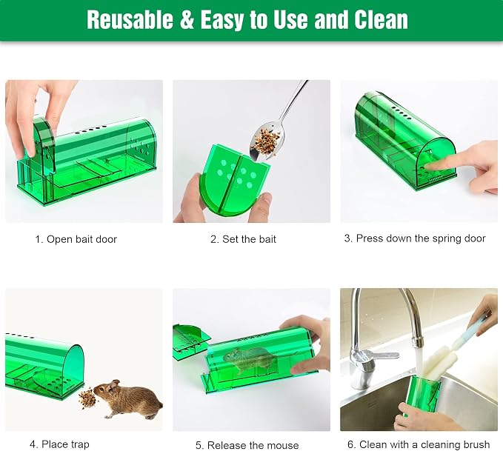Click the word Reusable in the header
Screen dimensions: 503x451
pos(130,20)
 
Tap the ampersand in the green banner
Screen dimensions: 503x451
pos(187,20)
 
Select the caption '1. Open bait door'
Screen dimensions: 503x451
pos(76,239)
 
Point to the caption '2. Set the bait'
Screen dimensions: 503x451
pos(243,239)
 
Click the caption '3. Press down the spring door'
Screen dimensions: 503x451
pos(415,238)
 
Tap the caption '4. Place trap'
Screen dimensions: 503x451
pos(59,444)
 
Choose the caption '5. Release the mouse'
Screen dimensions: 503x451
pos(247,445)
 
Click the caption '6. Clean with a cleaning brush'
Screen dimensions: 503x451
pos(419,444)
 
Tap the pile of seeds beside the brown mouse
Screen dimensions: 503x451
pos(87,397)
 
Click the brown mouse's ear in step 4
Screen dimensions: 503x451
pos(113,385)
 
